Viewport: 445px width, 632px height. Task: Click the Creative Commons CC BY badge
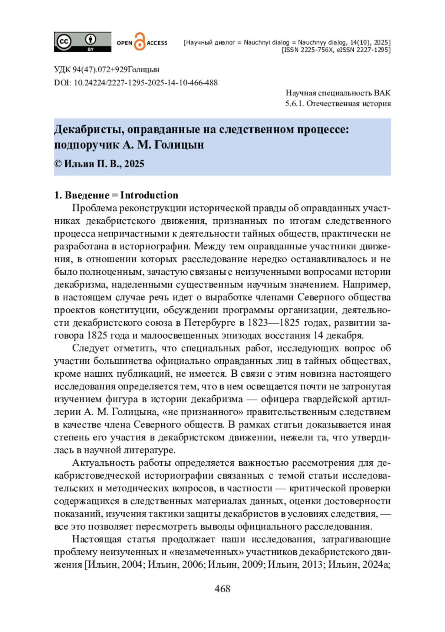[82, 42]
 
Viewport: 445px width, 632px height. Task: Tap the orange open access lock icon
[139, 42]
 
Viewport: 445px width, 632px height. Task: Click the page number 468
[222, 589]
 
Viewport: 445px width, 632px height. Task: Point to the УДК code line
[107, 69]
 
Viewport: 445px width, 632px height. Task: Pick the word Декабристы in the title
[89, 130]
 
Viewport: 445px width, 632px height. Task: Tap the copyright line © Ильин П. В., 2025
[99, 164]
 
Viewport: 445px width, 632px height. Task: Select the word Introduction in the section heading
[149, 195]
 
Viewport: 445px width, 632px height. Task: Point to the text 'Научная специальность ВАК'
[338, 93]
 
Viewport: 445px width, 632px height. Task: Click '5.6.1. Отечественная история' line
[338, 103]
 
